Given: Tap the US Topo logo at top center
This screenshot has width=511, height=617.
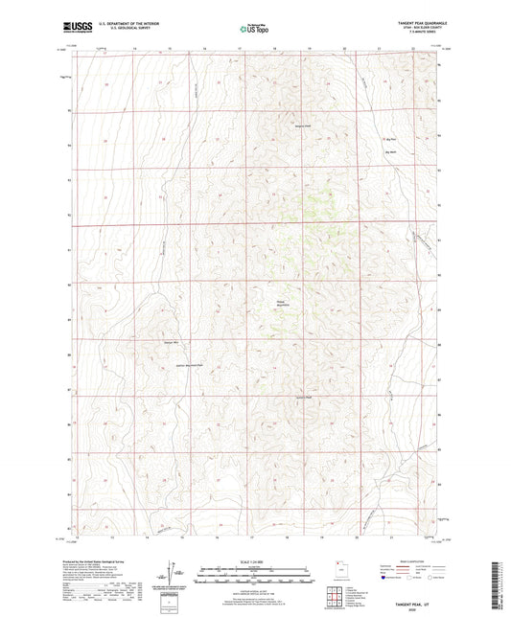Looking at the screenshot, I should click(x=254, y=29).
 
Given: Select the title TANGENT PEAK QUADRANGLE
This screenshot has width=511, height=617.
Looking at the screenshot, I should click(x=414, y=22).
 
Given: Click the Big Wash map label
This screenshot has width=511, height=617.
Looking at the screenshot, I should click(x=390, y=152).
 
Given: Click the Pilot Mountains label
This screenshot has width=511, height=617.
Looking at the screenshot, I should click(x=283, y=301).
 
